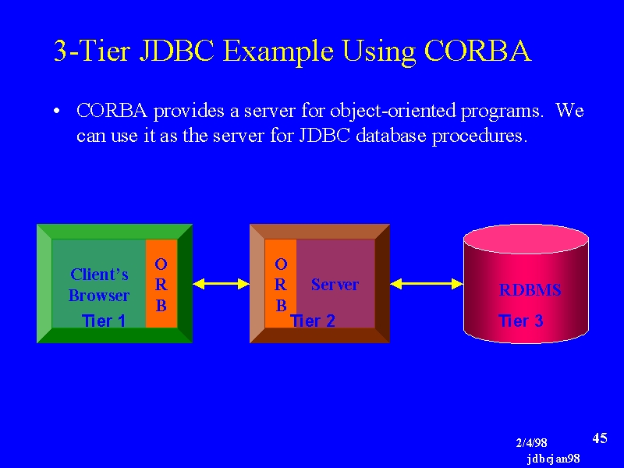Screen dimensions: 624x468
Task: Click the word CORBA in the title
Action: coord(478,51)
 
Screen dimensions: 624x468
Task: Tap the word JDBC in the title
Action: coord(177,51)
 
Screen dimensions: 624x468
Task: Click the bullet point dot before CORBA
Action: coord(57,111)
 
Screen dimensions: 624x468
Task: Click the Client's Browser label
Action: coord(99,285)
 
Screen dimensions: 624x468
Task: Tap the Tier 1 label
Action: coord(104,321)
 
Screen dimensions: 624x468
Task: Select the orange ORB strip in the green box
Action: coord(161,283)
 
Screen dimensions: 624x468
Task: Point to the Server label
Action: coord(335,285)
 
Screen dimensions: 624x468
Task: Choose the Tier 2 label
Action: coord(313,321)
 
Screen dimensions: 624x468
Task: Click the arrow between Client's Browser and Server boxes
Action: coord(222,284)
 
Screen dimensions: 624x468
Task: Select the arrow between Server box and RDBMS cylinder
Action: coord(427,284)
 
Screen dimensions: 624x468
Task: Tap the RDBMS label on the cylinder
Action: coord(530,289)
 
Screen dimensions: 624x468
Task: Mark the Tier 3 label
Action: coord(521,321)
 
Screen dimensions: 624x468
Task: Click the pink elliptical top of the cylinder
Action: coord(526,239)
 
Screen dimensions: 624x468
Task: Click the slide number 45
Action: coord(600,438)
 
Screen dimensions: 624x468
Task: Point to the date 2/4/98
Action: coord(531,442)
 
